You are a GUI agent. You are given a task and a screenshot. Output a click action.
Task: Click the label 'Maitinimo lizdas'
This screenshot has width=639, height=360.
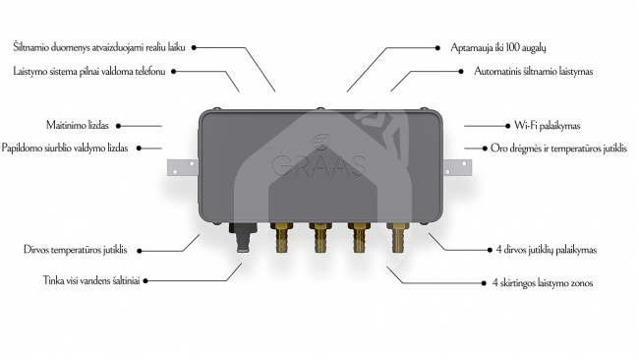[78, 125]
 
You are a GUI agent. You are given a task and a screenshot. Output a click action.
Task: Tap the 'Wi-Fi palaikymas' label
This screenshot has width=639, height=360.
[547, 126]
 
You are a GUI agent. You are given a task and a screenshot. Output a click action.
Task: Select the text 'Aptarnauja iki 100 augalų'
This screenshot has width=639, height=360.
[498, 47]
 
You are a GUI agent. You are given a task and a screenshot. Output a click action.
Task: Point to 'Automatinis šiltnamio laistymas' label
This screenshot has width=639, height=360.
[533, 72]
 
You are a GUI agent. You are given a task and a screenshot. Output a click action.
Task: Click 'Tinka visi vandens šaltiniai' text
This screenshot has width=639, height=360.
[91, 280]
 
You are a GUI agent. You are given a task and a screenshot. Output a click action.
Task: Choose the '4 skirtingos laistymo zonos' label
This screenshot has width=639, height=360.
[543, 282]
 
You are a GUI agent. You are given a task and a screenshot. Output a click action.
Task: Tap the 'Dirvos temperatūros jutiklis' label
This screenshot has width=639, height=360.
[76, 250]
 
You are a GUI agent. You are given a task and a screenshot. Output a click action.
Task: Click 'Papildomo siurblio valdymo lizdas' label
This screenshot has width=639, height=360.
[65, 148]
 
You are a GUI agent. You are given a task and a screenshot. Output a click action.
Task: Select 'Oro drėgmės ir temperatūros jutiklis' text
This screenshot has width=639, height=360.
[558, 148]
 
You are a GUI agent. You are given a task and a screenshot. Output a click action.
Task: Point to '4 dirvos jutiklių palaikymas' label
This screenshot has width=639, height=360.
[546, 250]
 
